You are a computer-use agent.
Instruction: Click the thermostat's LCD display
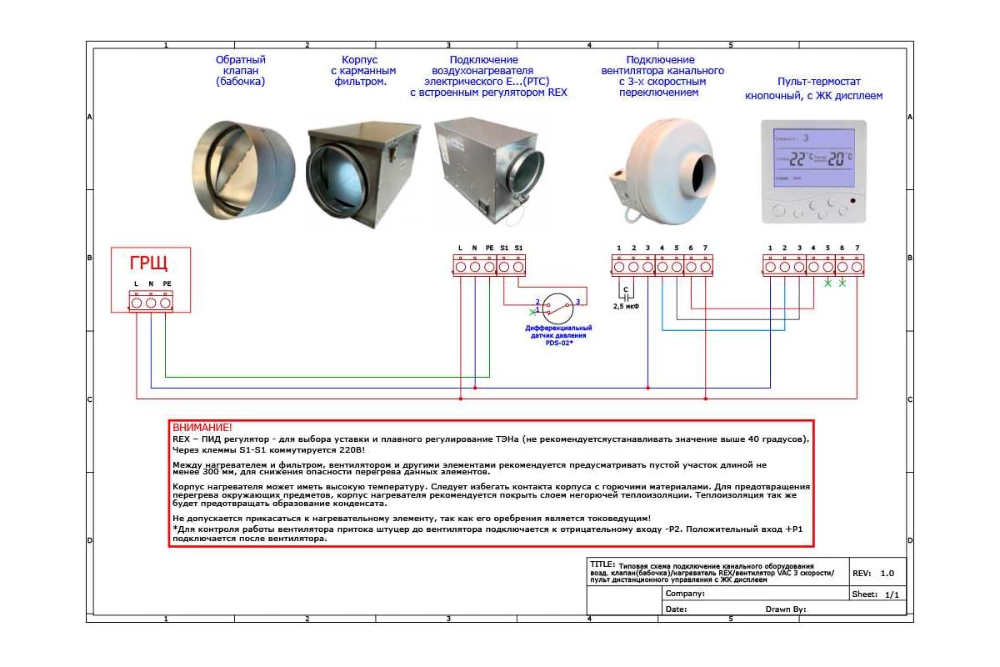coord(813,157)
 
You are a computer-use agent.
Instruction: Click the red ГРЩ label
coord(148,264)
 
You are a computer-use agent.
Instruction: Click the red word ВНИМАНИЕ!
coord(202,427)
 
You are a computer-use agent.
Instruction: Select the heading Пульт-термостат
coord(812,83)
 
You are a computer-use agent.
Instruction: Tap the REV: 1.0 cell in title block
coord(876,574)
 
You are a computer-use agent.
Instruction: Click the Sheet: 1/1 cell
coord(876,594)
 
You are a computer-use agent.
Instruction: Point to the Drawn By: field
coord(785,609)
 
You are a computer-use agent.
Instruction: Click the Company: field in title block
coord(686,594)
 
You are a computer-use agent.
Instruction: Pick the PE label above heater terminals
coord(489,248)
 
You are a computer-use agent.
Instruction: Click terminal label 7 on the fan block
coord(705,248)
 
